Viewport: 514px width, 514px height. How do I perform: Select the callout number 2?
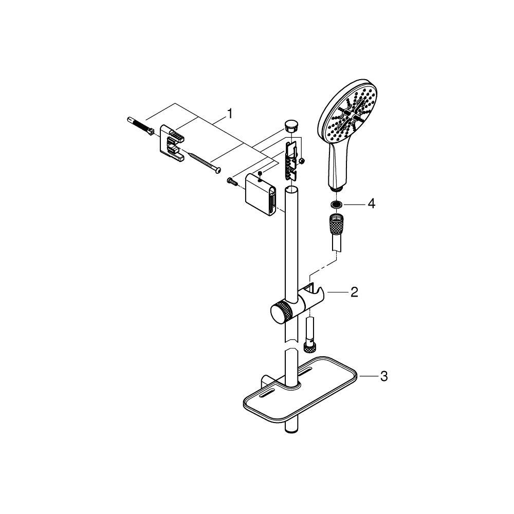pyautogui.click(x=354, y=292)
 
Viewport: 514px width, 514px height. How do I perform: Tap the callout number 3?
pyautogui.click(x=383, y=377)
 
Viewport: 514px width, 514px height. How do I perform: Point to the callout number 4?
pyautogui.click(x=371, y=204)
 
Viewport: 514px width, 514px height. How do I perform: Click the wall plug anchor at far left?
pyautogui.click(x=139, y=126)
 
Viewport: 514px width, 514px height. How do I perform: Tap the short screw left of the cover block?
pyautogui.click(x=231, y=180)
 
